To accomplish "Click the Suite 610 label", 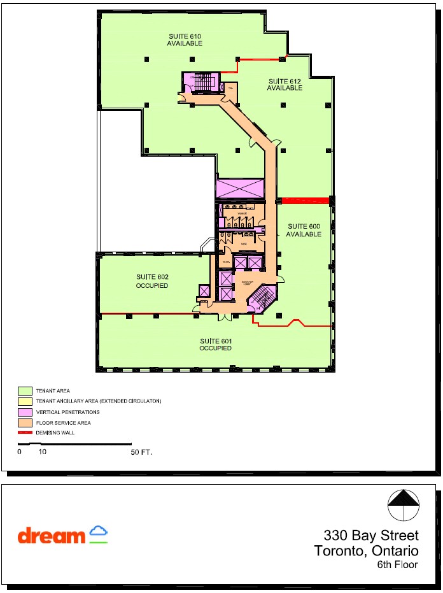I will click(185, 39).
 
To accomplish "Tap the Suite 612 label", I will click(284, 84).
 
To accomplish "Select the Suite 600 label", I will click(304, 230).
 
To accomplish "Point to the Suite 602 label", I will click(152, 281).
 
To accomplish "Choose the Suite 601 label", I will click(215, 345).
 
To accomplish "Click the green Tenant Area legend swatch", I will click(25, 390).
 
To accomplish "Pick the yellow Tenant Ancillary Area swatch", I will click(25, 401).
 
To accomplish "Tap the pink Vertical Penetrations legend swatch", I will click(25, 412).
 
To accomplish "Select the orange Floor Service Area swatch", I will click(25, 422).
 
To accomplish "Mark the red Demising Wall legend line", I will click(25, 432).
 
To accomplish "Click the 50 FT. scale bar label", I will click(141, 452).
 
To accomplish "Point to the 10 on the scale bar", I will click(43, 452).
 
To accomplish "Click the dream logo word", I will click(51, 536).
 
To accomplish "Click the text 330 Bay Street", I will click(370, 535).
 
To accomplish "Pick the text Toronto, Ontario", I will click(366, 551).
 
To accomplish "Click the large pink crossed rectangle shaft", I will click(240, 189).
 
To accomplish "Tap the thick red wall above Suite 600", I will click(305, 201).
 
